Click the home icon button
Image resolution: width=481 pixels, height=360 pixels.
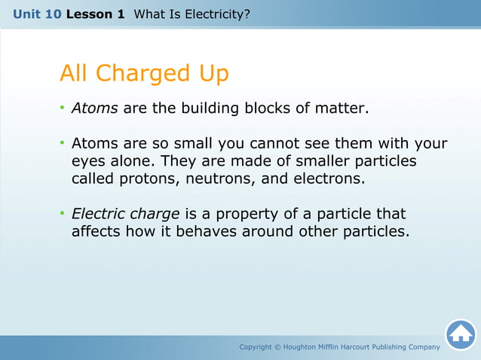click(460, 334)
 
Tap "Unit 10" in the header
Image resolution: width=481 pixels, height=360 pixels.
click(37, 14)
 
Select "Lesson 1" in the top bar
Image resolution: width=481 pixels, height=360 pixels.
click(95, 14)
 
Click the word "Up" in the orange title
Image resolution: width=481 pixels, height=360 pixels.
click(214, 73)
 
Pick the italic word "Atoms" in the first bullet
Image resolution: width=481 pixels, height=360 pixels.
click(94, 108)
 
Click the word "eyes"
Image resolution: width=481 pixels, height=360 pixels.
click(89, 161)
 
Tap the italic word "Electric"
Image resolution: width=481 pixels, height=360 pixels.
click(98, 214)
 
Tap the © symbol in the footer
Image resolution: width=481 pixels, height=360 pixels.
click(277, 347)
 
